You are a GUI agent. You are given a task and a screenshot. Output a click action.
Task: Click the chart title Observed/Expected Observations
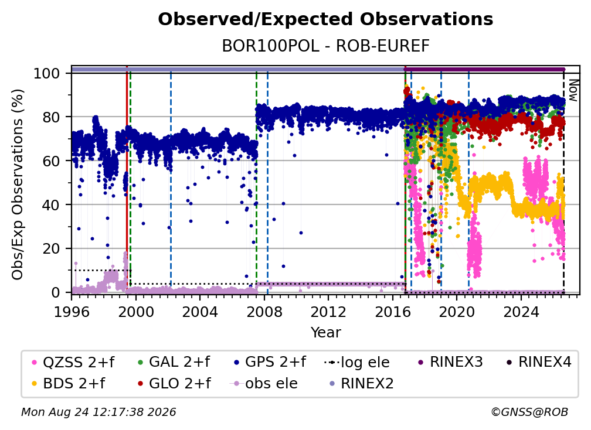(325, 19)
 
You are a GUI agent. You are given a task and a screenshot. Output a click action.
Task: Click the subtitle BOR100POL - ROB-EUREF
(325, 46)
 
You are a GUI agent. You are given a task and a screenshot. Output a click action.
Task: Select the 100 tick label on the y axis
(47, 73)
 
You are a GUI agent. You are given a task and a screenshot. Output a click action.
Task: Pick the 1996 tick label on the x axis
(72, 312)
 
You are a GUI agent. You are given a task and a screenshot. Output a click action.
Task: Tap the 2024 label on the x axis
(521, 312)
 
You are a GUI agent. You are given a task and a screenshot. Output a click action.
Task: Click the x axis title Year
(325, 333)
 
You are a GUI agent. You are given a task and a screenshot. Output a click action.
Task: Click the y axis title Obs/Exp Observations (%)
(18, 184)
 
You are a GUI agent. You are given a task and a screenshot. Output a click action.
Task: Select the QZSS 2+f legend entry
(74, 362)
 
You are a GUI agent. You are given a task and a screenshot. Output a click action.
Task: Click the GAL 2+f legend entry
(174, 362)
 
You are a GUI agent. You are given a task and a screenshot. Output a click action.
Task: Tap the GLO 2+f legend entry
(175, 383)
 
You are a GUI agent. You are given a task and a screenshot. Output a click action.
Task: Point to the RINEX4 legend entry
(539, 362)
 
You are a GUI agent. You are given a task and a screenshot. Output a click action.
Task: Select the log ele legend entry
(357, 362)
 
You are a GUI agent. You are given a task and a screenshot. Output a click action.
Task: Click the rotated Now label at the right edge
(573, 90)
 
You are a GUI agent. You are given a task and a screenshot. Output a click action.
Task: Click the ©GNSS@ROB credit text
(529, 412)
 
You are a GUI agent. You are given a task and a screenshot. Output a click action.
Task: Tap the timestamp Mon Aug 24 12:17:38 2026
(98, 412)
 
